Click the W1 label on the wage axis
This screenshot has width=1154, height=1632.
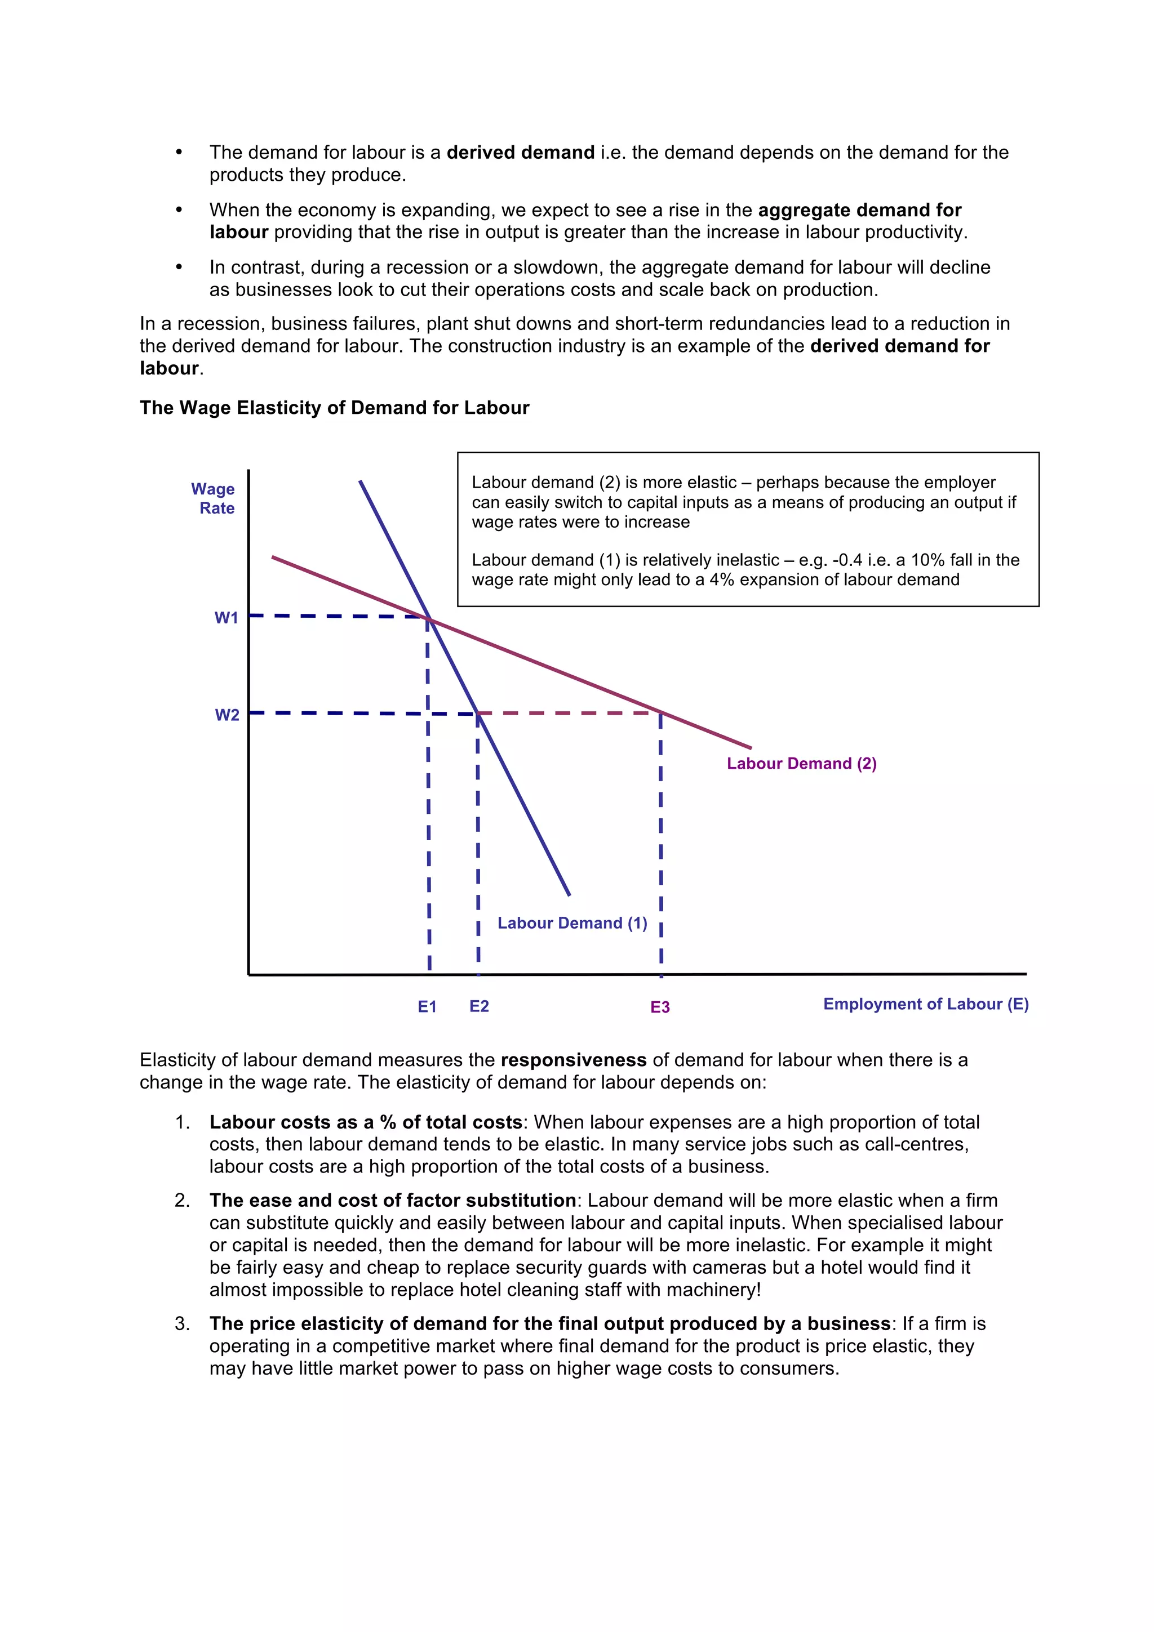[x=226, y=618]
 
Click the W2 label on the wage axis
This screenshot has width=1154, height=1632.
[x=227, y=715]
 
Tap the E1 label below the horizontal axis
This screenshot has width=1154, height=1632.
[x=427, y=1006]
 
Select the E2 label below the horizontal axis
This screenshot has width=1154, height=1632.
[x=478, y=1006]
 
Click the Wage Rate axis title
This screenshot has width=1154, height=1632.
[x=214, y=498]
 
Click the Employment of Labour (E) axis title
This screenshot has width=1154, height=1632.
[x=925, y=1004]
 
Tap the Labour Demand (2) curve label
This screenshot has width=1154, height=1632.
[x=801, y=764]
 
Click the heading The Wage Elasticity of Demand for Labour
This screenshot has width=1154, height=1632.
[x=334, y=407]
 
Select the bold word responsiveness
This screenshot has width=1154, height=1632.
[x=573, y=1060]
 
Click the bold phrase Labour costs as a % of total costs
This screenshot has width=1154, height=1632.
[x=366, y=1122]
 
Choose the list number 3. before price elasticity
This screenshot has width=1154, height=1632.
[x=182, y=1323]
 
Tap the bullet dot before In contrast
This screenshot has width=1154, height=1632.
[x=179, y=267]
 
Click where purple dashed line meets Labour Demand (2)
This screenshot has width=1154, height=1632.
[x=660, y=712]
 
